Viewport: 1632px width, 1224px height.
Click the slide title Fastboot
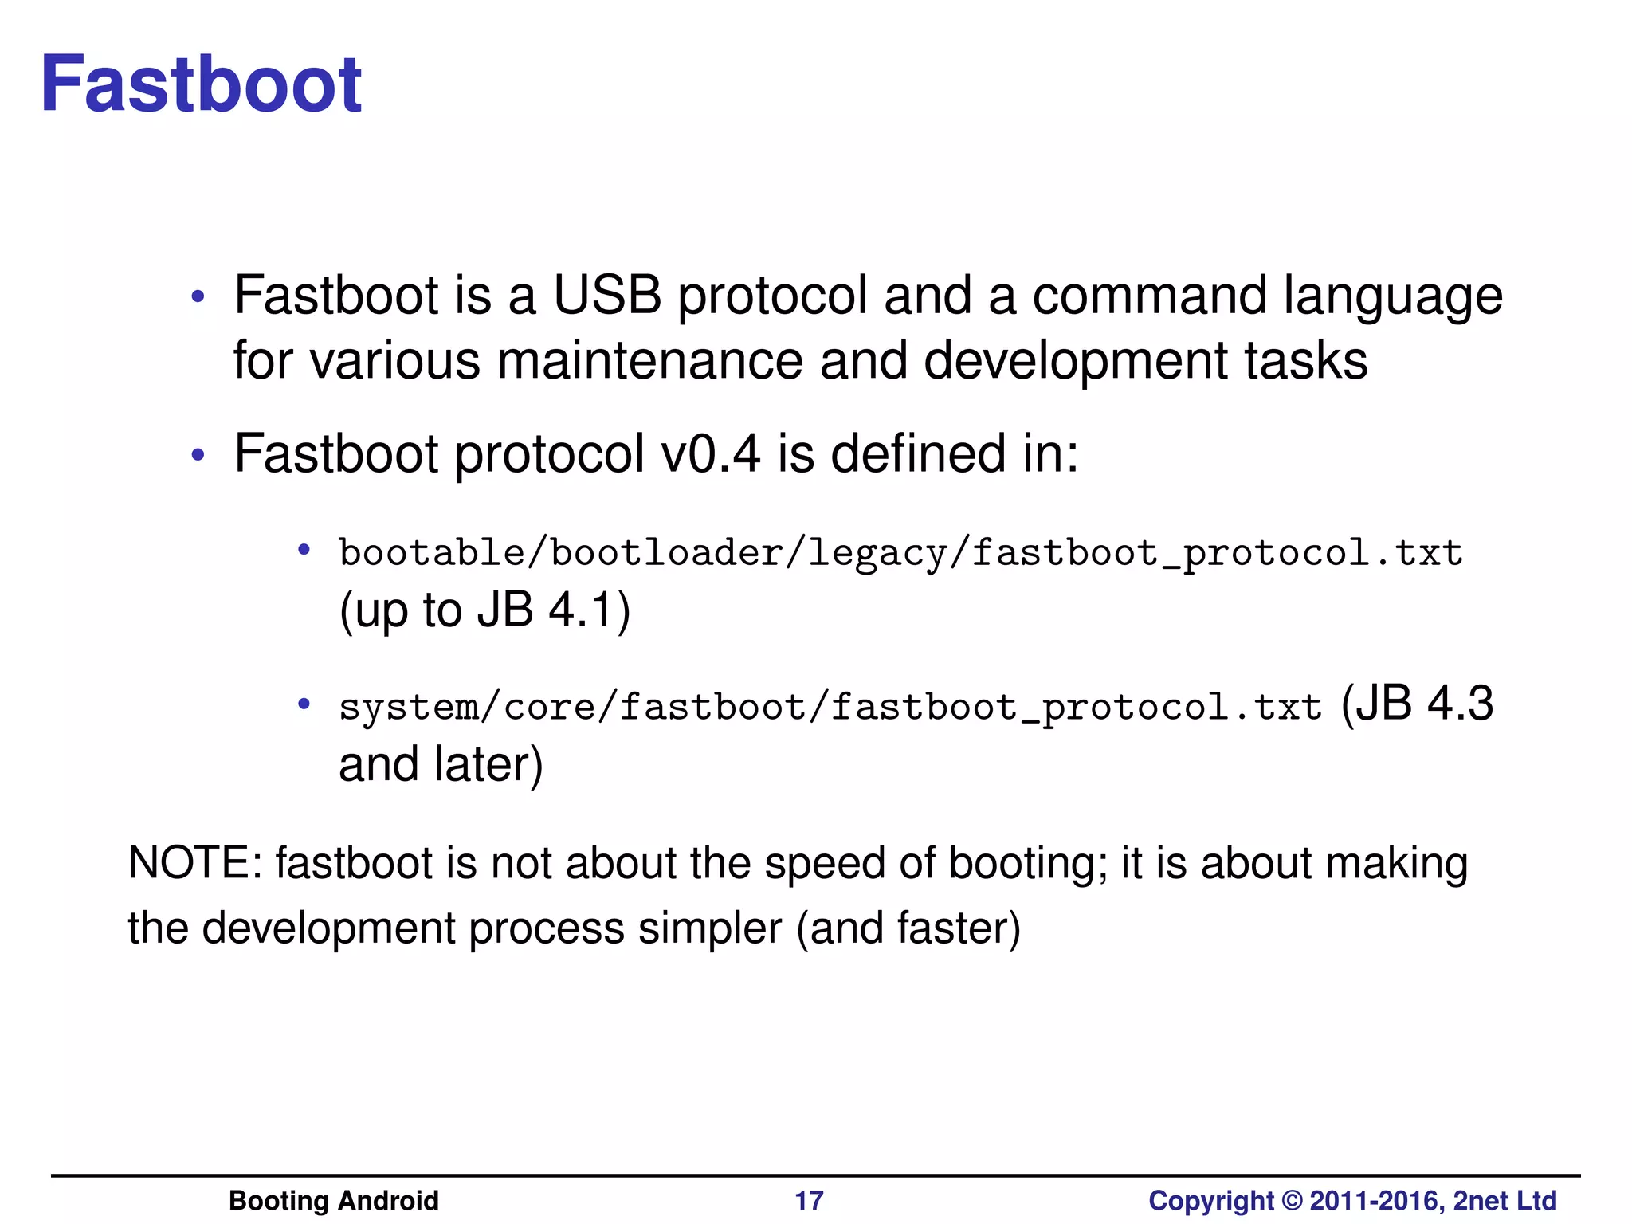[x=201, y=84]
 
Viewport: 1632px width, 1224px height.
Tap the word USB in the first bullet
[x=607, y=296]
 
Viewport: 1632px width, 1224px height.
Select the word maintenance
[x=649, y=360]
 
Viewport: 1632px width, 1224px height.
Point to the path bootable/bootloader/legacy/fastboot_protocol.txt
[x=900, y=553]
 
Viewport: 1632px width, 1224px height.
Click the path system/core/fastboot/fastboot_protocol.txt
[x=830, y=707]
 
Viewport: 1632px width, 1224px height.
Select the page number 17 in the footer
[x=809, y=1200]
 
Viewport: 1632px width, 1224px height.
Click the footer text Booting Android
[x=334, y=1200]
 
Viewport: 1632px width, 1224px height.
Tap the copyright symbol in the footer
[x=1292, y=1200]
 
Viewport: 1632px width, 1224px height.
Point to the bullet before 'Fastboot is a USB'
[x=198, y=299]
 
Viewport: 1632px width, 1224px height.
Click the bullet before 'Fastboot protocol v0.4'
[x=198, y=457]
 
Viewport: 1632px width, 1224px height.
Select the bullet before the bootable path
[x=304, y=549]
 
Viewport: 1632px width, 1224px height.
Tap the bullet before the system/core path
[x=304, y=704]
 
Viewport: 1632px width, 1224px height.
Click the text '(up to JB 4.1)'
[x=484, y=610]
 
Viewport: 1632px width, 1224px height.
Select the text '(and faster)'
[x=908, y=929]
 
